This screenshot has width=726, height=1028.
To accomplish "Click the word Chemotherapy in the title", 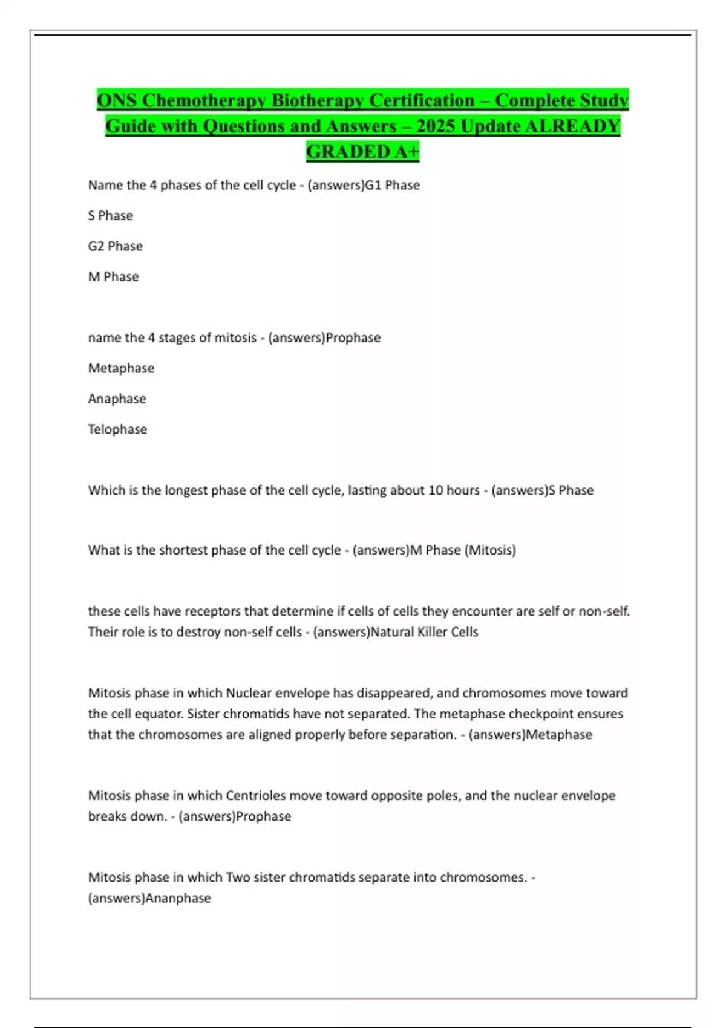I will tap(205, 100).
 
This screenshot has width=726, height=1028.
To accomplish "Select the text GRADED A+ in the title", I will tap(362, 151).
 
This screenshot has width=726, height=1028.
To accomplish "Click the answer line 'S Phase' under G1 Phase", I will tap(110, 215).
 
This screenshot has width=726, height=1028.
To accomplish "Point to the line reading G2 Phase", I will tap(115, 246).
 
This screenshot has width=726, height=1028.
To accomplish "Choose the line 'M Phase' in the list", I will tap(113, 276).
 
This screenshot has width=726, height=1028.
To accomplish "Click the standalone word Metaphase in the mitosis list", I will tap(121, 368).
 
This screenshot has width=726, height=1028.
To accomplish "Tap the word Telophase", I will tap(117, 429).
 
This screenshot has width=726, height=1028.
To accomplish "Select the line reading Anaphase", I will tap(117, 399).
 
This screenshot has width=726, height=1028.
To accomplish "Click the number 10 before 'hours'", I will tap(436, 490).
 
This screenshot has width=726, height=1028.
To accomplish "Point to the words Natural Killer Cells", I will tap(424, 632).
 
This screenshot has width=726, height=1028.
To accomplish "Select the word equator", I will tap(159, 714).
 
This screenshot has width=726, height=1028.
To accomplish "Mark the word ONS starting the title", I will tap(117, 100).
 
